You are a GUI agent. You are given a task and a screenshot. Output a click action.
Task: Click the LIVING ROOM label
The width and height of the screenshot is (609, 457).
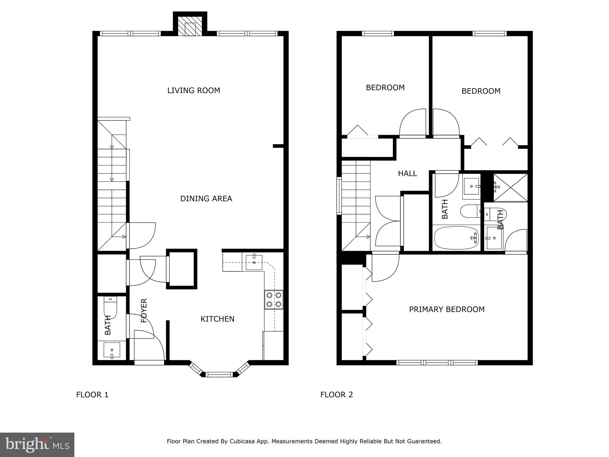click(194, 90)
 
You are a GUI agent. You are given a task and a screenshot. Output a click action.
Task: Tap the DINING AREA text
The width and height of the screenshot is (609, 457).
click(206, 198)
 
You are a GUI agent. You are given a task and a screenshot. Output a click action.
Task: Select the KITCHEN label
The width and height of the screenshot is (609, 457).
click(217, 319)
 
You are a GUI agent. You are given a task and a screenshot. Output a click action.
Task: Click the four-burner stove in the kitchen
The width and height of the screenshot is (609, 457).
click(274, 300)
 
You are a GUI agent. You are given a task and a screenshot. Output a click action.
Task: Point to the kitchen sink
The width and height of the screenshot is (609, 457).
click(254, 262)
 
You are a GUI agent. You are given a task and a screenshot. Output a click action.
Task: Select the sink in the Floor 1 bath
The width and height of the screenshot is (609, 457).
click(112, 350)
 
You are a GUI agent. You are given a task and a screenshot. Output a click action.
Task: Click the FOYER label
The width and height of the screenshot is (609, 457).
click(144, 311)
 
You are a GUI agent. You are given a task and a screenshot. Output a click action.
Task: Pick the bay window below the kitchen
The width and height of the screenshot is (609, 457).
click(219, 374)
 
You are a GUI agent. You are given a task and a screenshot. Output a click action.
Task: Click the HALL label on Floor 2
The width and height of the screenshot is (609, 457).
click(407, 173)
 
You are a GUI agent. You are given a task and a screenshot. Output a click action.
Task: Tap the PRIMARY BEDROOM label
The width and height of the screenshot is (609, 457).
click(447, 309)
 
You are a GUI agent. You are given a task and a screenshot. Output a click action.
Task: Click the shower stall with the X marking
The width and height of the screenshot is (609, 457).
click(510, 188)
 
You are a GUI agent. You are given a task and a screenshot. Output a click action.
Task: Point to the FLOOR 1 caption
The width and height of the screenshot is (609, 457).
click(92, 395)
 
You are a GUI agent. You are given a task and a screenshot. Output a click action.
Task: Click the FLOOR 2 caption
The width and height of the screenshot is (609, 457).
click(336, 395)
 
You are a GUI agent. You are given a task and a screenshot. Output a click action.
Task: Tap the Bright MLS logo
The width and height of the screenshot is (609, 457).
click(37, 445)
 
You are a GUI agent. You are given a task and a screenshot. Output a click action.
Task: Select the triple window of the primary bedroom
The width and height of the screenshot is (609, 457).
click(437, 362)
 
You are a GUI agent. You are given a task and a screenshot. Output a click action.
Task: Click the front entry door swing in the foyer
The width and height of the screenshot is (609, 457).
click(149, 345)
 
